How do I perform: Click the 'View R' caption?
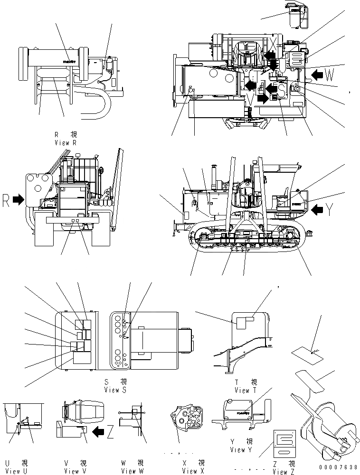pyautogui.click(x=68, y=142)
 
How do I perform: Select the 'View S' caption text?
pyautogui.click(x=115, y=390)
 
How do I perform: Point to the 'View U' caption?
pyautogui.click(x=13, y=471)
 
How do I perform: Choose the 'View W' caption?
pyautogui.click(x=132, y=471)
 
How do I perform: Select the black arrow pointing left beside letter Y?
pyautogui.click(x=318, y=206)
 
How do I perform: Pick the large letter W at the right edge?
pyautogui.click(x=332, y=74)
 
